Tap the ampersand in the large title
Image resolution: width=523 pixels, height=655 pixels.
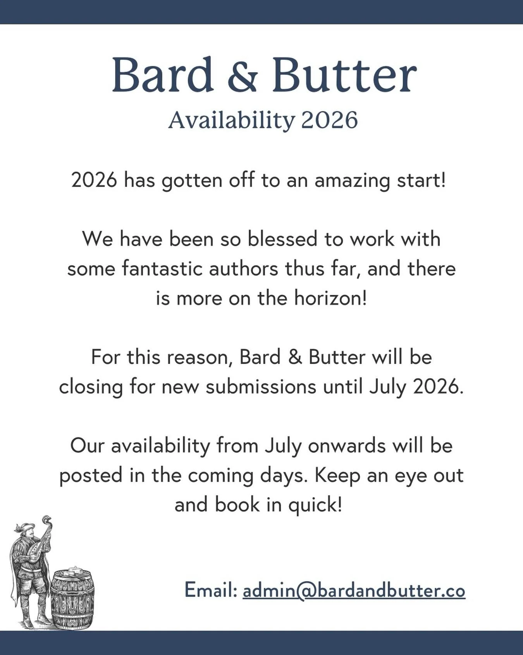[243, 76]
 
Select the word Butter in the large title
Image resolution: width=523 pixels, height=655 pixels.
[344, 75]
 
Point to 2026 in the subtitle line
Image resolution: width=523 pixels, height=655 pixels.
[329, 120]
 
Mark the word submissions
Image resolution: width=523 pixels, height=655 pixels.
[261, 387]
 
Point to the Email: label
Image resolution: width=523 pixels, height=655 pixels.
[211, 590]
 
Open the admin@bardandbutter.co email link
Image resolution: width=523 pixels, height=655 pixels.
[354, 591]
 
